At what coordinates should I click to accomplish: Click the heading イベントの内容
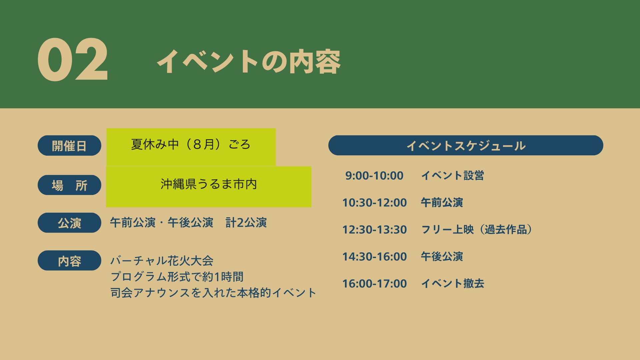click(x=249, y=62)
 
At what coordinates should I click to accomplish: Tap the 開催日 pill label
click(x=69, y=146)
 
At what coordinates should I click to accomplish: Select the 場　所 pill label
click(x=69, y=185)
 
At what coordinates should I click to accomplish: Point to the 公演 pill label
click(x=69, y=223)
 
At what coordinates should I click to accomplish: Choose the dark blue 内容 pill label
click(x=69, y=261)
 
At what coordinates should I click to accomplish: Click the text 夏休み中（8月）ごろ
click(x=191, y=144)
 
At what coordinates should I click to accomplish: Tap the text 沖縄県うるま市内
click(x=209, y=184)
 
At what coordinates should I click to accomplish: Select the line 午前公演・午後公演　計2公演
click(x=188, y=223)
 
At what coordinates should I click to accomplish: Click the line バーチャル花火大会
click(x=162, y=261)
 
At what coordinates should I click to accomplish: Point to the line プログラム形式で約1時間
click(x=177, y=277)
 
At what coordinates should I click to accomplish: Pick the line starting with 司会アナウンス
click(x=213, y=293)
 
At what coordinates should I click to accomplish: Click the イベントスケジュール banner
click(x=466, y=145)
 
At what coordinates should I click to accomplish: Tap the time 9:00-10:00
click(x=374, y=176)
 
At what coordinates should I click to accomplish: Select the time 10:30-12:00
click(x=375, y=203)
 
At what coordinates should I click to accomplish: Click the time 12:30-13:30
click(x=375, y=230)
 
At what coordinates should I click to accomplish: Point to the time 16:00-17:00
click(x=375, y=284)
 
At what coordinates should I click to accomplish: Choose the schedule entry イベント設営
click(x=452, y=175)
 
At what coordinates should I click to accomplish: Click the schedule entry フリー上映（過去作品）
click(x=477, y=229)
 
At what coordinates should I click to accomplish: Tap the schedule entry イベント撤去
click(x=452, y=283)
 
